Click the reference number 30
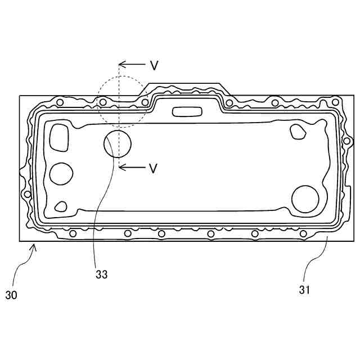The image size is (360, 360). pos(11,295)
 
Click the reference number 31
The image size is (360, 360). pos(304,290)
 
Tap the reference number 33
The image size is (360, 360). pos(101,274)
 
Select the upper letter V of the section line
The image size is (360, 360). pos(154,65)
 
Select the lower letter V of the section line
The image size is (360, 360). pos(153,168)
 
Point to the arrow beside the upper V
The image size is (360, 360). pos(132,64)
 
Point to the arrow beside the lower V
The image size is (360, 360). pos(132,167)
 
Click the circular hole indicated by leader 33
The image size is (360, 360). pos(118,144)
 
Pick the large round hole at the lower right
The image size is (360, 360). pos(305,199)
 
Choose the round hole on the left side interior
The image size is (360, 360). pos(61,174)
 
